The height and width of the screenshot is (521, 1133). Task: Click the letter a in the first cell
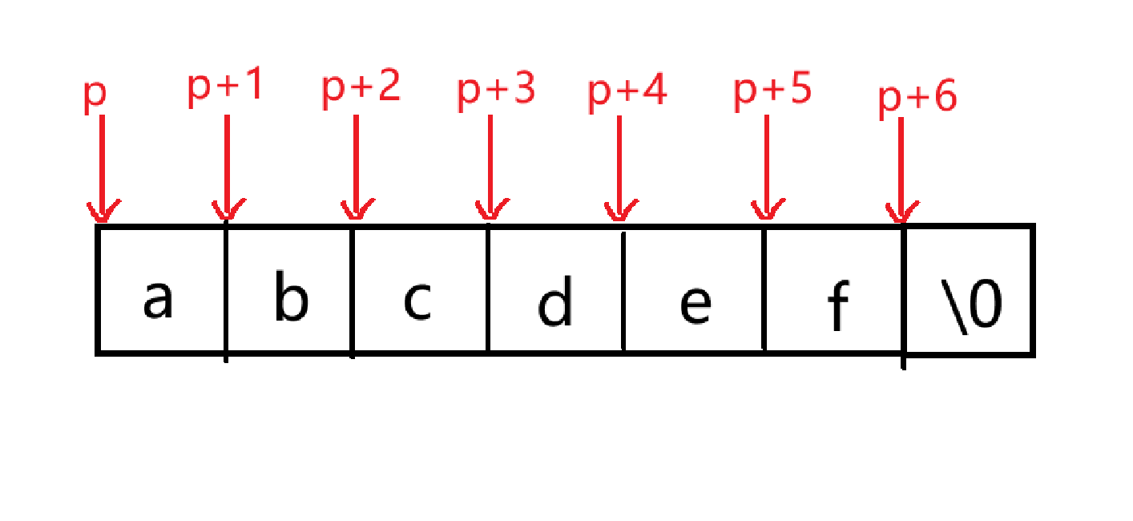pos(158,300)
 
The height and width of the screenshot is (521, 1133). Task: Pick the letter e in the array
pos(694,305)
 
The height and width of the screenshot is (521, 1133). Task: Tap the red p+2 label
pos(361,88)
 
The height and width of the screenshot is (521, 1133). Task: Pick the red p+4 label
pos(627,92)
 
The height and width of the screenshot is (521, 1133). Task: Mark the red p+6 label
pos(917,98)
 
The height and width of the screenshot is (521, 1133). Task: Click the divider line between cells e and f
pos(764,289)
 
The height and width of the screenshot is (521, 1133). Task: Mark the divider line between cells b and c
pos(353,289)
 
